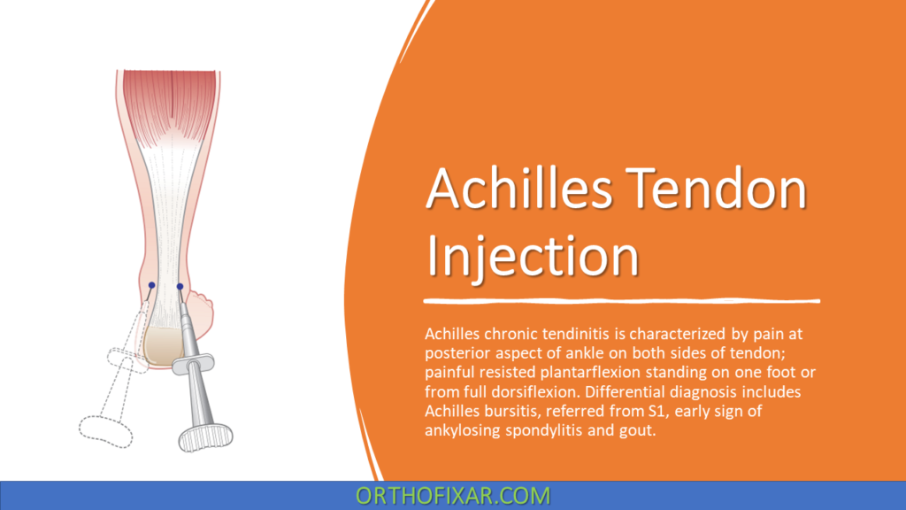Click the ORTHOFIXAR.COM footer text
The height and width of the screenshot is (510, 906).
coord(453,496)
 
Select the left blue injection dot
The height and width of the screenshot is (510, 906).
coord(151,285)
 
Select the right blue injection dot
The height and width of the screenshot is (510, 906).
coord(180,286)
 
